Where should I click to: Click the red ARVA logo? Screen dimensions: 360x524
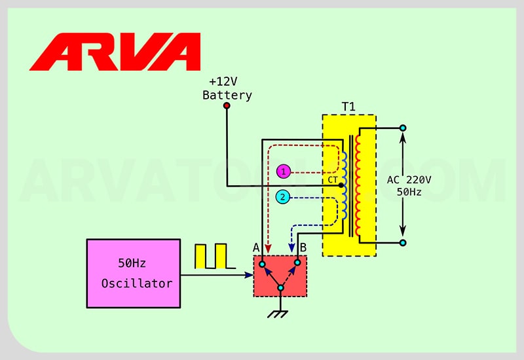pos(115,52)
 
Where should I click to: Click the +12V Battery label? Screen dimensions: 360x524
pos(227,88)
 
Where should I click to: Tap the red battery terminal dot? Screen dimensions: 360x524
pos(227,105)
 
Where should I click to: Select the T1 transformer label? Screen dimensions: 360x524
pos(348,107)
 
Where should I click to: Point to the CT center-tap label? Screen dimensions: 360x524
pos(332,179)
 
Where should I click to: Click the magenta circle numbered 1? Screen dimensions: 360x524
pos(283,171)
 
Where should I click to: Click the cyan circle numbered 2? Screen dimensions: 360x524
pos(283,196)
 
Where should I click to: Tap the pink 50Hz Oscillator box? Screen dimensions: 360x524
pos(134,273)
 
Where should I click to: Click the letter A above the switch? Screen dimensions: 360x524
pos(257,247)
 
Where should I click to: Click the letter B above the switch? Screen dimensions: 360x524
pos(303,247)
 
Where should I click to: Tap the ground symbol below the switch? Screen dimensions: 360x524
pos(280,314)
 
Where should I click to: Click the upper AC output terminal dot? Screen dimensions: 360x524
pos(403,128)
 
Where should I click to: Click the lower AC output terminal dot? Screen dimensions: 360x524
pos(403,243)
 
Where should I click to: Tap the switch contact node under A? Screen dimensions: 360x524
pos(261,264)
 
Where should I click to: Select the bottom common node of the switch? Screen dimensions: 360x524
pos(280,287)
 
